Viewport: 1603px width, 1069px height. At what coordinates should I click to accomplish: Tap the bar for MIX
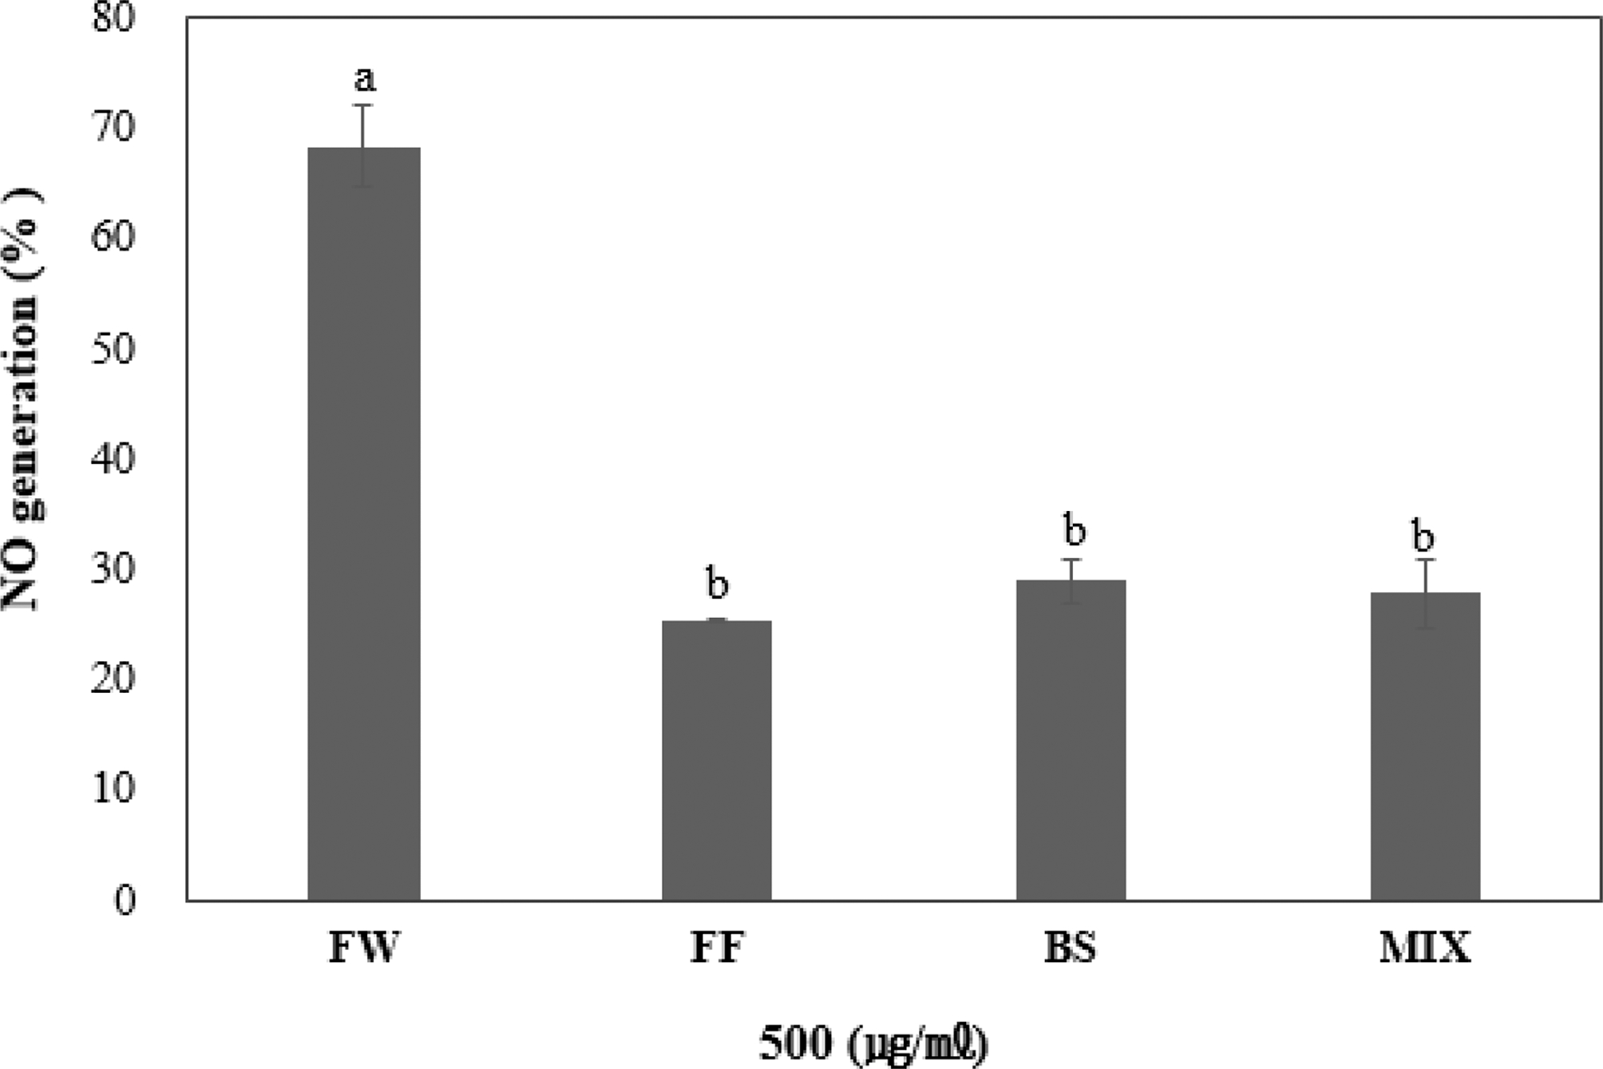coord(1425,746)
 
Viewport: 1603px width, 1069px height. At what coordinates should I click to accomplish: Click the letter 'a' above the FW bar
coord(365,79)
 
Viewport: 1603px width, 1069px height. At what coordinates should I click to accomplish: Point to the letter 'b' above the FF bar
coord(718,584)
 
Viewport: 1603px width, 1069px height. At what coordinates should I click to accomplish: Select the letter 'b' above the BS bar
coord(1075,531)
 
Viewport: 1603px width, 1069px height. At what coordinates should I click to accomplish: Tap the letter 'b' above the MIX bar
coord(1423,536)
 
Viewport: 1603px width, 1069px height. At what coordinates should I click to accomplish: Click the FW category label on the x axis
coord(364,948)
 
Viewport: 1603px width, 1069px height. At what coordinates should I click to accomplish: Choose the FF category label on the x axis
coord(717,948)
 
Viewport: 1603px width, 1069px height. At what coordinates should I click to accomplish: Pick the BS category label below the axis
coord(1071,948)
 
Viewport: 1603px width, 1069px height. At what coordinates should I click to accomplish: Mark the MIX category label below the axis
coord(1425,948)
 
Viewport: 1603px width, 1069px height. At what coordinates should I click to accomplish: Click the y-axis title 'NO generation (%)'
coord(22,399)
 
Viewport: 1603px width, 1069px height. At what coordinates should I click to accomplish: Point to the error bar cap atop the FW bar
coord(364,105)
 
